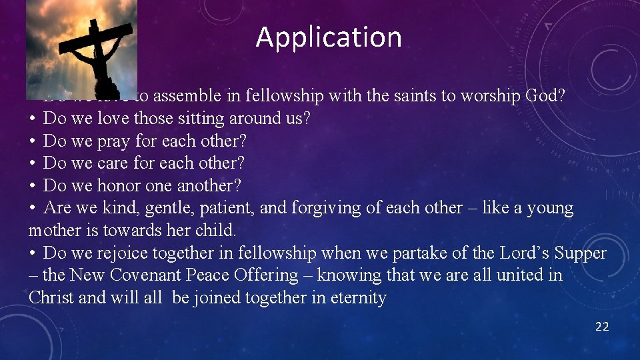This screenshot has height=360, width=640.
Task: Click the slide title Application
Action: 329,37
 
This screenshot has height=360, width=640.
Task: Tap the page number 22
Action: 601,327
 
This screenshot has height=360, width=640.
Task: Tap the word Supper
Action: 577,253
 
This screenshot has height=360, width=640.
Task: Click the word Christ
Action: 51,298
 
